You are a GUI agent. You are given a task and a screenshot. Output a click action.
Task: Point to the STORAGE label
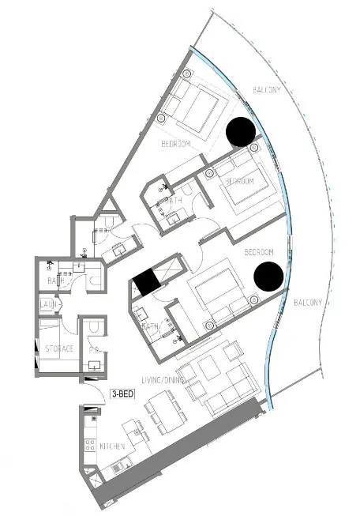pos(58,348)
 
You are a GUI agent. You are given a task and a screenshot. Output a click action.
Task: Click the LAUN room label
pos(47,304)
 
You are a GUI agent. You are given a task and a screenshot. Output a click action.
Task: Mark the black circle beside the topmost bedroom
pos(242,132)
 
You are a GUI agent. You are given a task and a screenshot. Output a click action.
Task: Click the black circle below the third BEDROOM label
pos(268,276)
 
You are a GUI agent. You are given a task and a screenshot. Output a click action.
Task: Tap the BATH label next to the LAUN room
pos(55,280)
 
